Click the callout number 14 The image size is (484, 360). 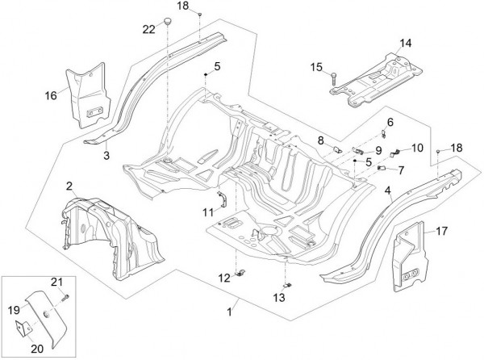pyautogui.click(x=404, y=42)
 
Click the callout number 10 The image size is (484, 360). pyautogui.click(x=417, y=148)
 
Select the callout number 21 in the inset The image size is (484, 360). pyautogui.click(x=56, y=282)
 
